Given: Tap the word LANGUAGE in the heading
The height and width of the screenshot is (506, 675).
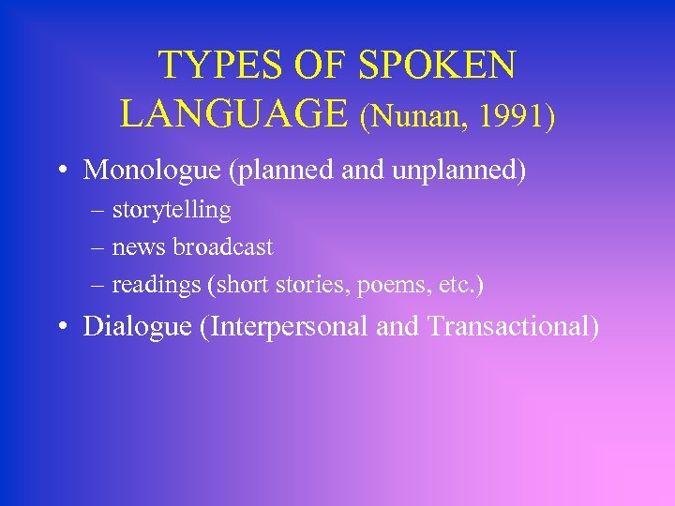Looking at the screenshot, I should (233, 113).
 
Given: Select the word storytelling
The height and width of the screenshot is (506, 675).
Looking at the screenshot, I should (172, 210).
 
